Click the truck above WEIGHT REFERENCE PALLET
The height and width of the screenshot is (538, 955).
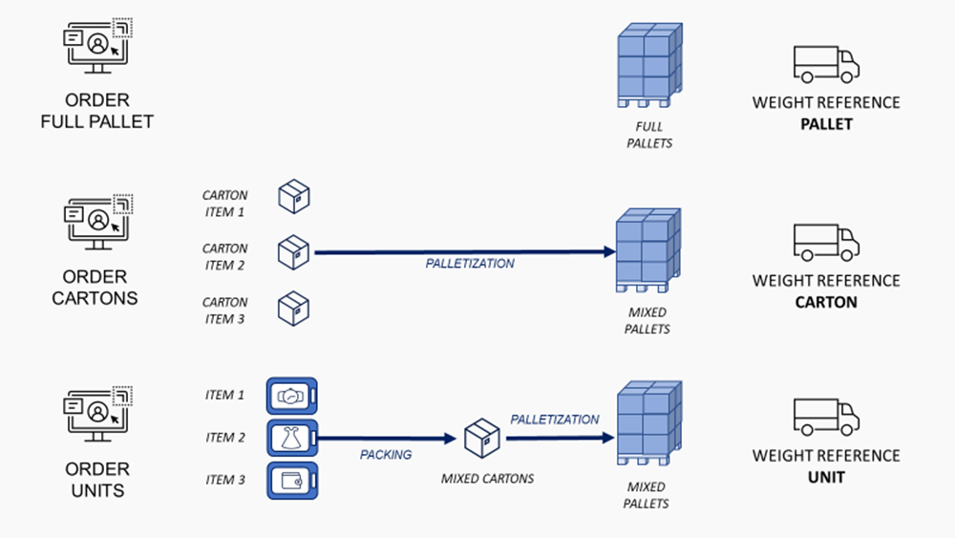pyautogui.click(x=826, y=63)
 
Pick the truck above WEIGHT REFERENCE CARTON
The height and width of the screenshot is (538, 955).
pyautogui.click(x=826, y=242)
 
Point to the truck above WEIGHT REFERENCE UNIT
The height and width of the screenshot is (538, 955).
pyautogui.click(x=826, y=418)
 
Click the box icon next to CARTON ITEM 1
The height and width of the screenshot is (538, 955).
pyautogui.click(x=294, y=197)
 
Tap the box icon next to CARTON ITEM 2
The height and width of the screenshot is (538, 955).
pyautogui.click(x=294, y=253)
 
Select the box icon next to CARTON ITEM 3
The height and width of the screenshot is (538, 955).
pyautogui.click(x=294, y=309)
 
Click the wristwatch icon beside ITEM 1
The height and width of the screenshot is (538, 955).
pyautogui.click(x=291, y=395)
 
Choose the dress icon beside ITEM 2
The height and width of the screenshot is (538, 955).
pyautogui.click(x=291, y=438)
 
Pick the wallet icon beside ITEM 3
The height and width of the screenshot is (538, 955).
pyautogui.click(x=291, y=480)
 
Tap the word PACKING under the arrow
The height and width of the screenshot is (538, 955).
pyautogui.click(x=386, y=455)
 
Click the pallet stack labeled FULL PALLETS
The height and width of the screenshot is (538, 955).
pyautogui.click(x=648, y=67)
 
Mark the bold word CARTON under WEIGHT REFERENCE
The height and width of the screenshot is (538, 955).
pyautogui.click(x=826, y=302)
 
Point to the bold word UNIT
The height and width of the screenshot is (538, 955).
pyautogui.click(x=826, y=478)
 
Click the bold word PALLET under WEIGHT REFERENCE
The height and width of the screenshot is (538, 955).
pyautogui.click(x=826, y=124)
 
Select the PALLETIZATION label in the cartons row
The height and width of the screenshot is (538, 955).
pyautogui.click(x=470, y=263)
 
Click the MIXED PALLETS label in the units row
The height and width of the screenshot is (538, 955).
pyautogui.click(x=647, y=495)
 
